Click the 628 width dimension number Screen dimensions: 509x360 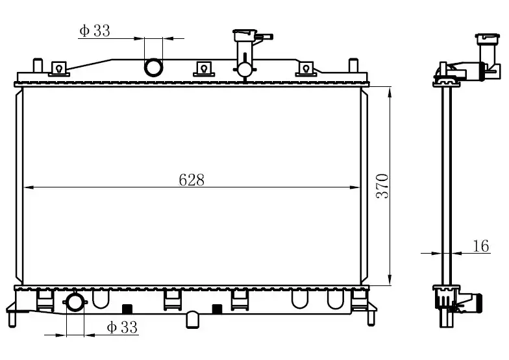[192, 180]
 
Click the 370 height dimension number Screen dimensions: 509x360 [382, 186]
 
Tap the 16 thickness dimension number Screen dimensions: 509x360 [480, 246]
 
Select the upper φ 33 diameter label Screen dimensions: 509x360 [95, 31]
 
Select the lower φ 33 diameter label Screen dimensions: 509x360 [122, 327]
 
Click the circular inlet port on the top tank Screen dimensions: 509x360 [153, 67]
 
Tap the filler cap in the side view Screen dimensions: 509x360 [486, 39]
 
